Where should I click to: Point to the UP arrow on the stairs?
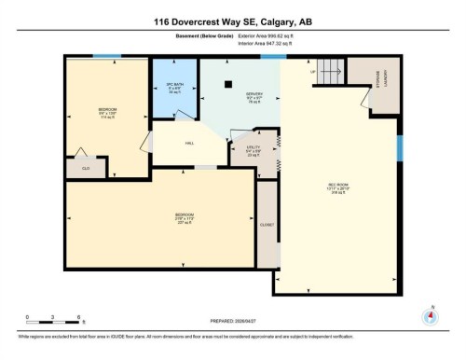coord(312,73)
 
